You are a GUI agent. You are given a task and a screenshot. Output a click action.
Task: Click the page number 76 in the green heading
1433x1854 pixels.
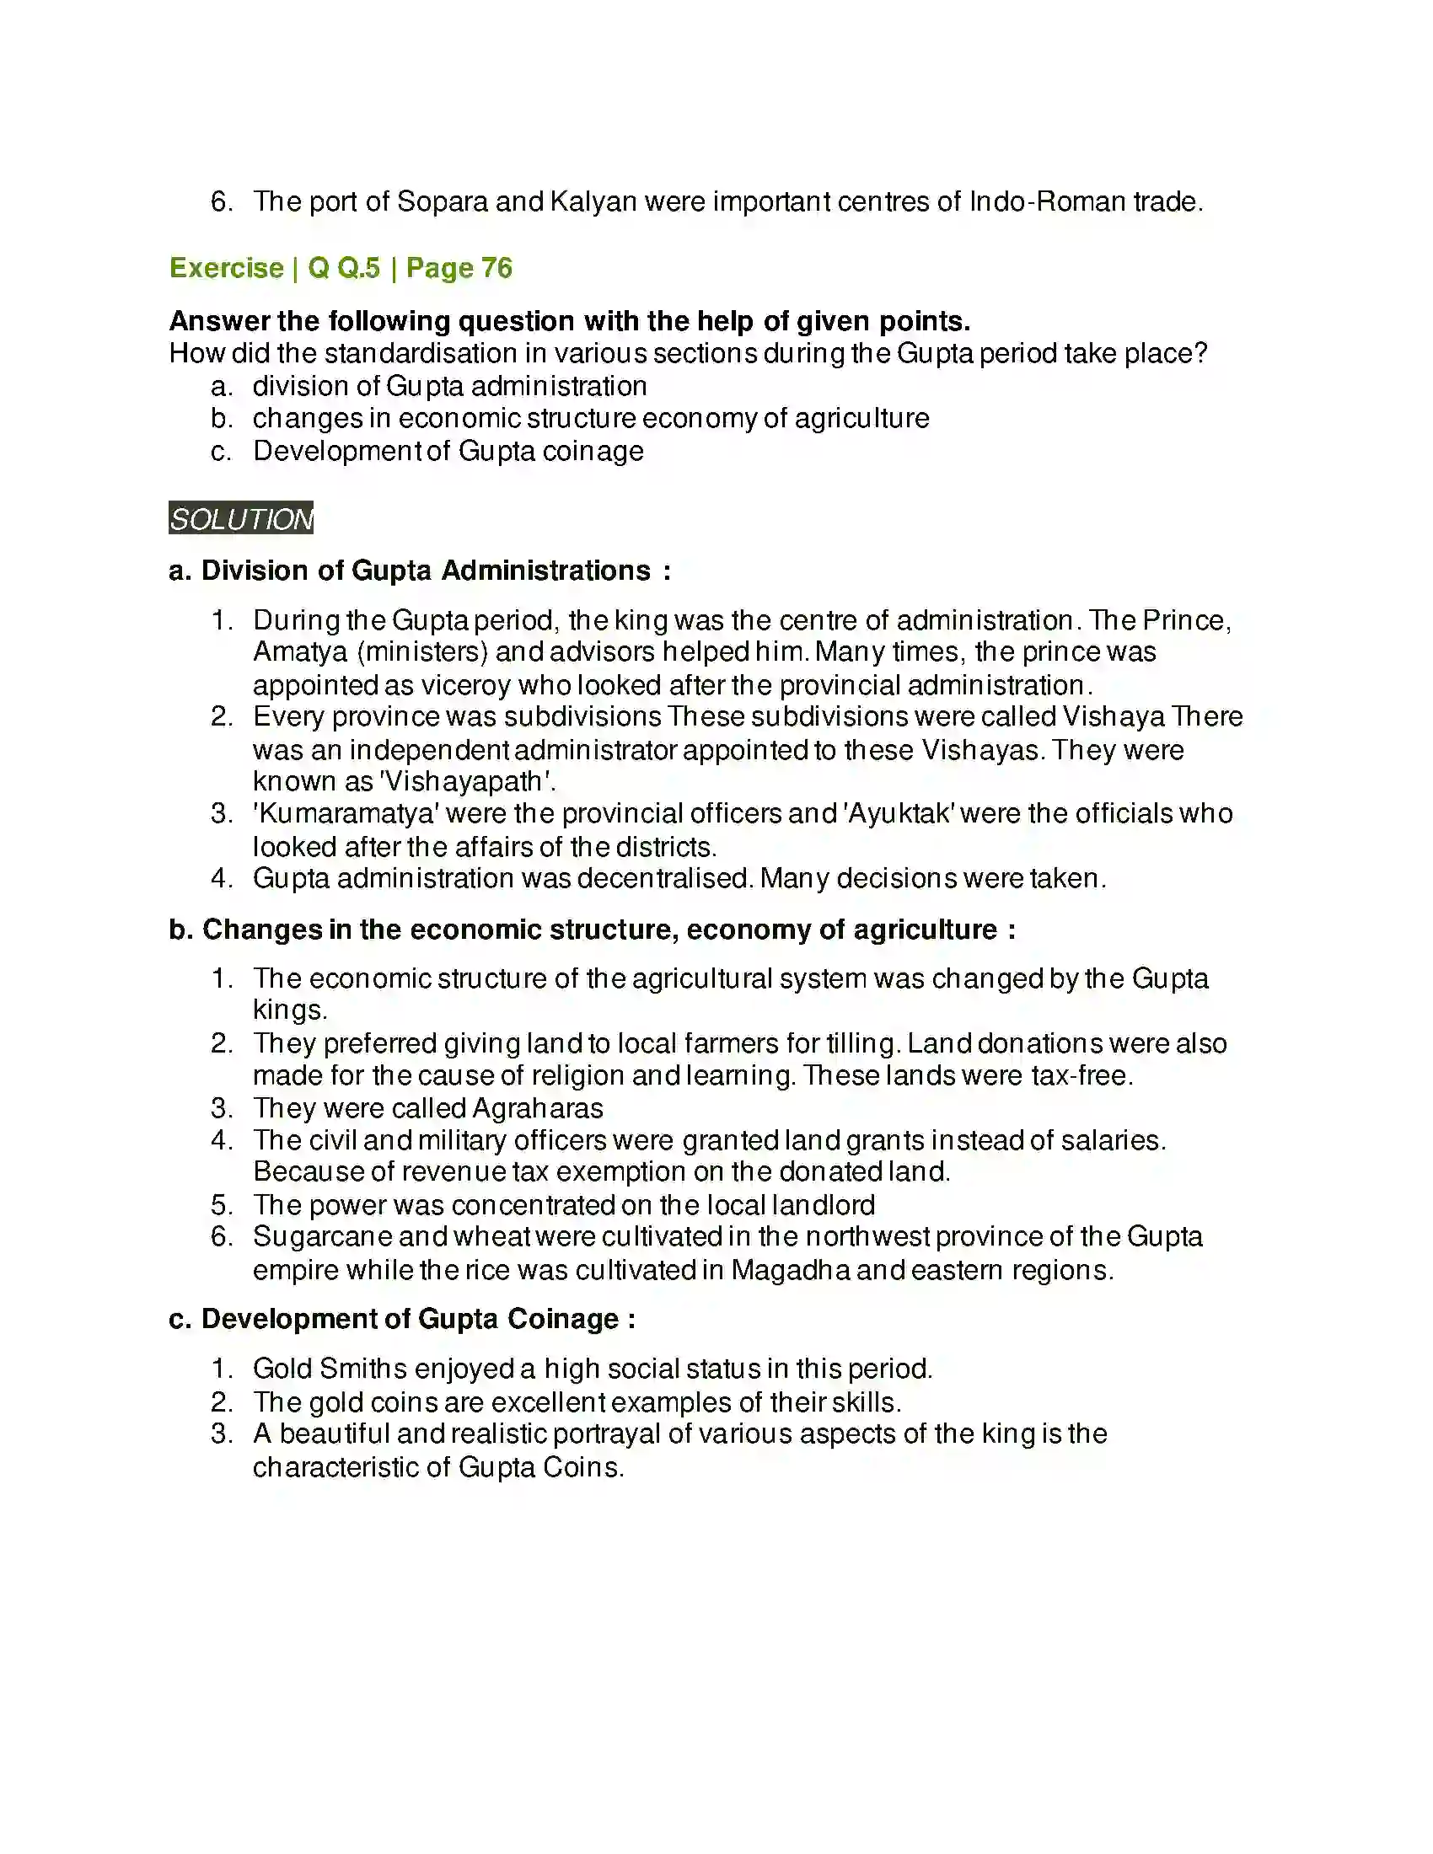coord(496,268)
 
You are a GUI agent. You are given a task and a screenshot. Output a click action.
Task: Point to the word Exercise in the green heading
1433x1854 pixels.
coord(227,268)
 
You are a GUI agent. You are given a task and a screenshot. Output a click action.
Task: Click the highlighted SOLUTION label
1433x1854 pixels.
coord(241,518)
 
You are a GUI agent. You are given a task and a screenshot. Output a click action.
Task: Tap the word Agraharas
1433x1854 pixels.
coord(538,1108)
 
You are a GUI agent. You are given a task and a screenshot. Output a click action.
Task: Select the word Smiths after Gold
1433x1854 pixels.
coord(363,1369)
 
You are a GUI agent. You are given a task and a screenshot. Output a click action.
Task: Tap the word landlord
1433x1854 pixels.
coord(824,1204)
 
